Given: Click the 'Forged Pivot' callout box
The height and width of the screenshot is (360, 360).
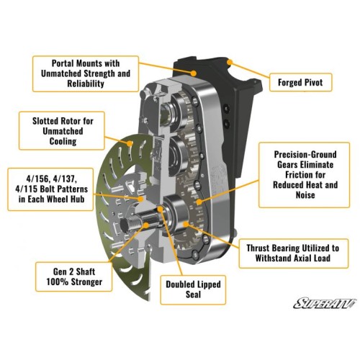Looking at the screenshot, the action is click(300, 82).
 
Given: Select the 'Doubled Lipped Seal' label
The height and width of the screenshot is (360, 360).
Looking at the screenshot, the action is click(193, 289).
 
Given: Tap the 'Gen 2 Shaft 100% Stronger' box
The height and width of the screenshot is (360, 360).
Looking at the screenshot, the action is click(74, 276).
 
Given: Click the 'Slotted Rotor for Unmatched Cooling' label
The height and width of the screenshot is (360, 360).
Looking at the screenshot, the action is click(62, 131).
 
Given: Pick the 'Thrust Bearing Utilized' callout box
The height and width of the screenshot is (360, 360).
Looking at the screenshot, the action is click(293, 253).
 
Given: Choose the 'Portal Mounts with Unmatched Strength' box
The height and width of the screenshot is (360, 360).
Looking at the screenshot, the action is click(86, 73).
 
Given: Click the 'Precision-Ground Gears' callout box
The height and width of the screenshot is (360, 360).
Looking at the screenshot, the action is click(305, 175).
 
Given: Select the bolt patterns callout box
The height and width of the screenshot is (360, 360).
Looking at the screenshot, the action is click(50, 189).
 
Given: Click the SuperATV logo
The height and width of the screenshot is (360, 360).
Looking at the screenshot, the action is click(325, 303).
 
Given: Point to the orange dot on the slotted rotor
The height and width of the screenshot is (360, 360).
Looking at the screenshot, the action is click(130, 144).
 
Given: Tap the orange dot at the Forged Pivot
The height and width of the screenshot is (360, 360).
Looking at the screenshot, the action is click(230, 63).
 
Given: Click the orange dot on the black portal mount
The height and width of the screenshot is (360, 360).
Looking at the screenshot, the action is click(194, 73).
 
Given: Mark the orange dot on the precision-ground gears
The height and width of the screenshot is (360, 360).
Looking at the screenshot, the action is click(199, 202).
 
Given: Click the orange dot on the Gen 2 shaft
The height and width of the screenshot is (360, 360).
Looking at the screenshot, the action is click(145, 225).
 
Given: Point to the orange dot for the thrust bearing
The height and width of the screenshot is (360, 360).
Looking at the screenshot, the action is click(185, 225).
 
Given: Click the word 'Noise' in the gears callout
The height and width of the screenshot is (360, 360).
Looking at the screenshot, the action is click(305, 195).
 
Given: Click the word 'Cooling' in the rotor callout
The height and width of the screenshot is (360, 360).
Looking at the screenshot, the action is click(63, 141).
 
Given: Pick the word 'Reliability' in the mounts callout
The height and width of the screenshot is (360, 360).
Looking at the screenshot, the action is click(86, 84).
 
